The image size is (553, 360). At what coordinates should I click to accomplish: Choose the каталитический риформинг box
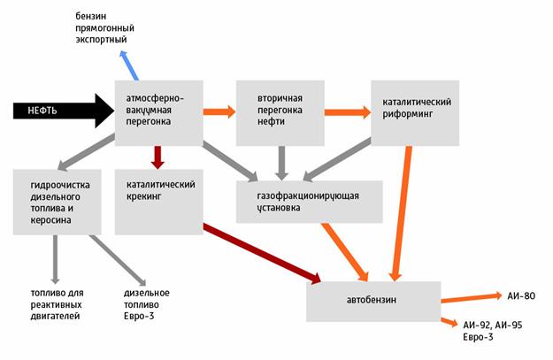pos(414,112)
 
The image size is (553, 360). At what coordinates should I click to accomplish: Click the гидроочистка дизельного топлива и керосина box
pos(54,201)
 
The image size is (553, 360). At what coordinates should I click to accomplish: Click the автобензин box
pos(373,301)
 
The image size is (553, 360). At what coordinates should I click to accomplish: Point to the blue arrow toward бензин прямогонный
pos(129,65)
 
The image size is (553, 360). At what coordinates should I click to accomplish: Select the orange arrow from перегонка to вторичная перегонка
pos(218,111)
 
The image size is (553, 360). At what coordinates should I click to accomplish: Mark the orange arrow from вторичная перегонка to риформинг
pos(346,112)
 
